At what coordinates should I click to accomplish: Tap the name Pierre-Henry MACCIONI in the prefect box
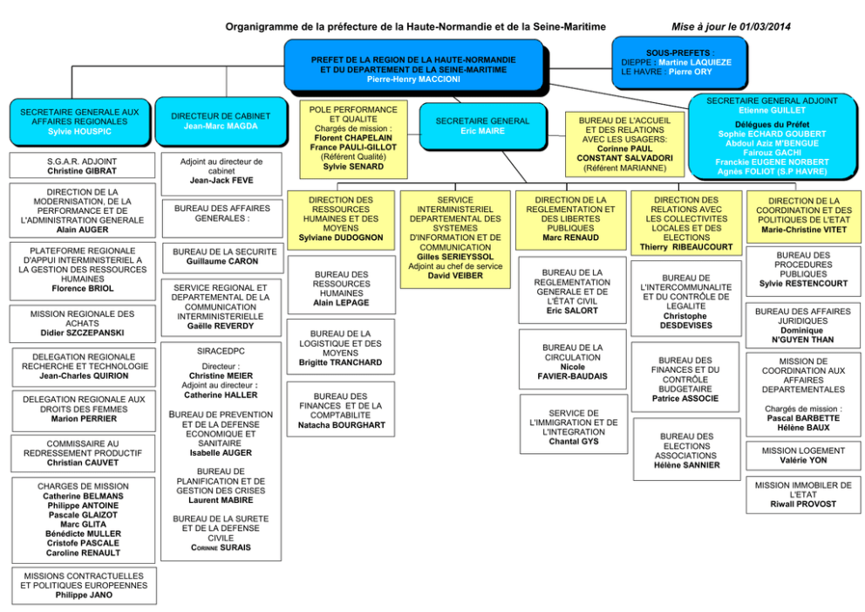point(412,79)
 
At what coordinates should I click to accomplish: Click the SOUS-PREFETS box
point(677,62)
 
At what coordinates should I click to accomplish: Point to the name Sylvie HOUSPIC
point(79,132)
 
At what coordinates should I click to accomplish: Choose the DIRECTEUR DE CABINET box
point(221,121)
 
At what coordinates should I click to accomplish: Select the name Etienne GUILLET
point(771,111)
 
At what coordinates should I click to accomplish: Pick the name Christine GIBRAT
point(82,171)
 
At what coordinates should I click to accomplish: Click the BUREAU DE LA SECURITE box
point(221,257)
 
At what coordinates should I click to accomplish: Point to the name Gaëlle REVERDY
point(221,326)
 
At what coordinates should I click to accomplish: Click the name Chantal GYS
point(573,442)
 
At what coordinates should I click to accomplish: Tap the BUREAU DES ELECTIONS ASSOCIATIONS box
point(686,450)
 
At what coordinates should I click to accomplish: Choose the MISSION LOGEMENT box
point(803,456)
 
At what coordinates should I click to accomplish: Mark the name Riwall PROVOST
point(803,505)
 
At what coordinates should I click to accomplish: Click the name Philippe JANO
point(84,595)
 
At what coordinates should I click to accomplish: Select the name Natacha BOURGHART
point(341,425)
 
